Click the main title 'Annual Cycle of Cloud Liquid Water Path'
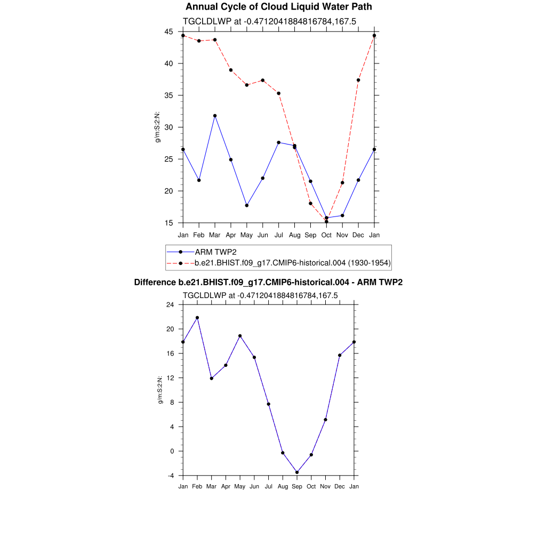(x=278, y=7)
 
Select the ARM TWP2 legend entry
(x=215, y=252)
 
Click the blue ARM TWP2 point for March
(x=215, y=116)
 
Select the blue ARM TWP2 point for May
(x=247, y=205)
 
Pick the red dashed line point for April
(x=231, y=70)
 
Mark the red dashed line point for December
(x=358, y=80)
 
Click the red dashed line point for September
(x=310, y=203)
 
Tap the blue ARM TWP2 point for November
(x=342, y=215)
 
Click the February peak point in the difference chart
(x=197, y=318)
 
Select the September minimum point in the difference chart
(x=297, y=472)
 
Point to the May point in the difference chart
(x=240, y=336)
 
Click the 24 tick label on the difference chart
(x=170, y=305)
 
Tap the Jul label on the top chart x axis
(x=279, y=235)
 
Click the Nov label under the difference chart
(x=326, y=486)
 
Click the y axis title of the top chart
(x=158, y=127)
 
